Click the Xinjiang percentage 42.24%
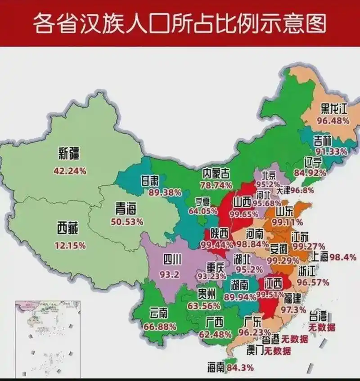pos(70,171)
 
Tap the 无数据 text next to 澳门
pos(277,350)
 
